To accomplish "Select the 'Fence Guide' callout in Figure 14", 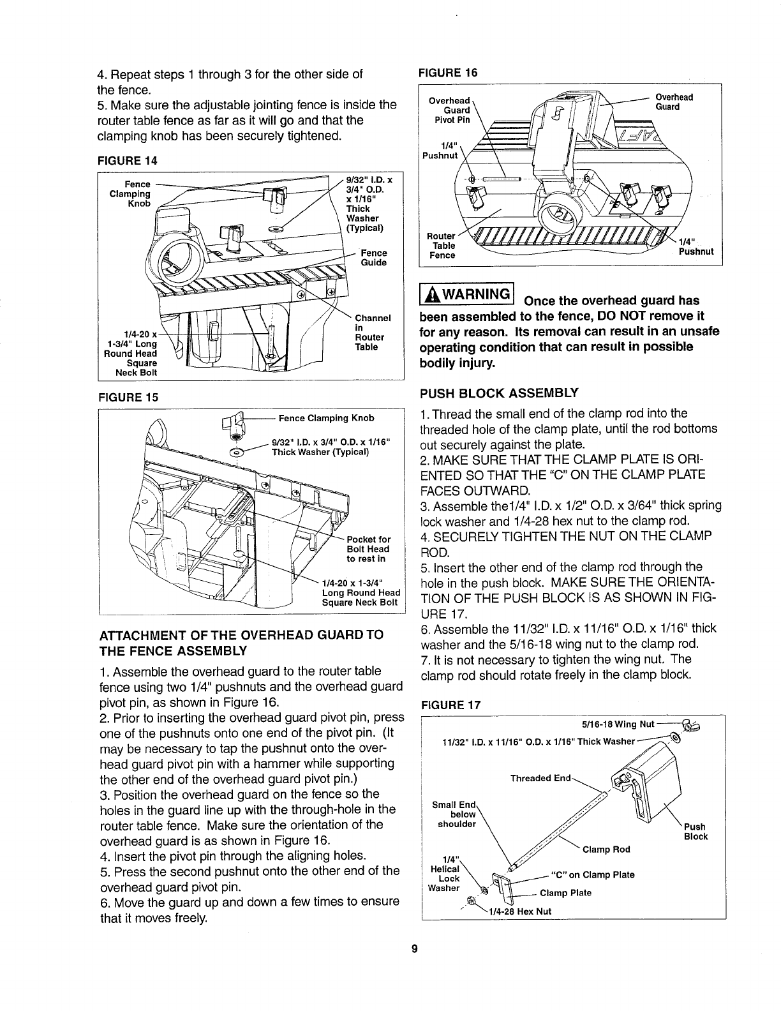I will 374,258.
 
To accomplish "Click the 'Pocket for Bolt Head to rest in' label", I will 368,549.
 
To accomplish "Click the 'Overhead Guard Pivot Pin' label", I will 451,110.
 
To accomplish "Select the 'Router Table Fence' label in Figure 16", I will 442,246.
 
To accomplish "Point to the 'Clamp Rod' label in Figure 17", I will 612,849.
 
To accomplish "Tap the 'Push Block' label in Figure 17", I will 695,832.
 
